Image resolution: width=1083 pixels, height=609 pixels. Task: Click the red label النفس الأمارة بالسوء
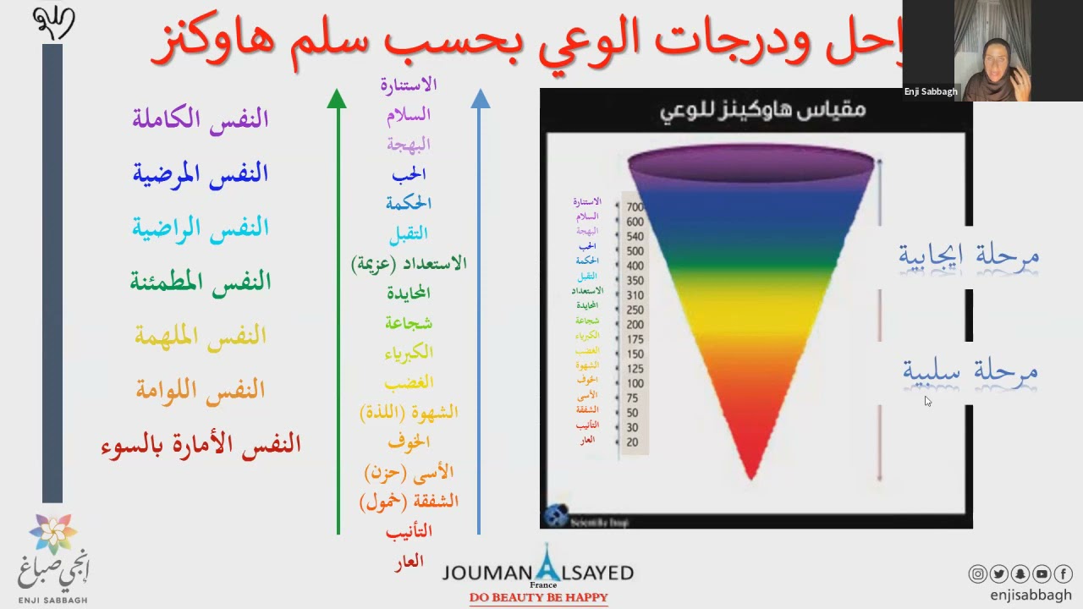click(x=201, y=445)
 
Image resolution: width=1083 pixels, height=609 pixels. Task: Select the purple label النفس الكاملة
click(x=201, y=118)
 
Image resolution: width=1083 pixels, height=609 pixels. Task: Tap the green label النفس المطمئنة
click(x=201, y=282)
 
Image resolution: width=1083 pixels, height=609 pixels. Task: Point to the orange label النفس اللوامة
click(x=201, y=390)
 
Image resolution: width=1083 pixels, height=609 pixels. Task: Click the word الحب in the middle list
click(x=409, y=174)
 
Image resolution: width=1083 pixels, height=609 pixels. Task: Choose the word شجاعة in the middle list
click(x=409, y=323)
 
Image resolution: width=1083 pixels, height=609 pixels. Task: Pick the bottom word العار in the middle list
click(x=409, y=562)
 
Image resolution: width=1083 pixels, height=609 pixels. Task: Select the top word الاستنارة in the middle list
click(x=409, y=85)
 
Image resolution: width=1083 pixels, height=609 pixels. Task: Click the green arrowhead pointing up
click(x=337, y=98)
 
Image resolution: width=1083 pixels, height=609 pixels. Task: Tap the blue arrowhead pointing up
click(x=480, y=98)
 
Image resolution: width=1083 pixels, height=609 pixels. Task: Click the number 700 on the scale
click(x=635, y=207)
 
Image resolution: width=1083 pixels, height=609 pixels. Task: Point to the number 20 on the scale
click(x=633, y=442)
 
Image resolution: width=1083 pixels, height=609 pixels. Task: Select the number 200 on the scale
click(x=635, y=325)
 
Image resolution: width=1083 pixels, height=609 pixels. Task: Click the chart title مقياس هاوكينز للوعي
click(x=762, y=110)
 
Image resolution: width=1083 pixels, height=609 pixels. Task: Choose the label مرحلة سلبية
click(x=970, y=371)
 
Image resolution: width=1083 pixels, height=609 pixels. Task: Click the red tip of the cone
click(x=751, y=469)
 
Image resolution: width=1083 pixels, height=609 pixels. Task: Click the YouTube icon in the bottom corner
click(x=1042, y=574)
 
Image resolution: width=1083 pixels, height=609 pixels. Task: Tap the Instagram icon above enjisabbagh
click(x=977, y=574)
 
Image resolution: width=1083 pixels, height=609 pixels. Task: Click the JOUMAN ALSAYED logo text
click(x=538, y=573)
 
